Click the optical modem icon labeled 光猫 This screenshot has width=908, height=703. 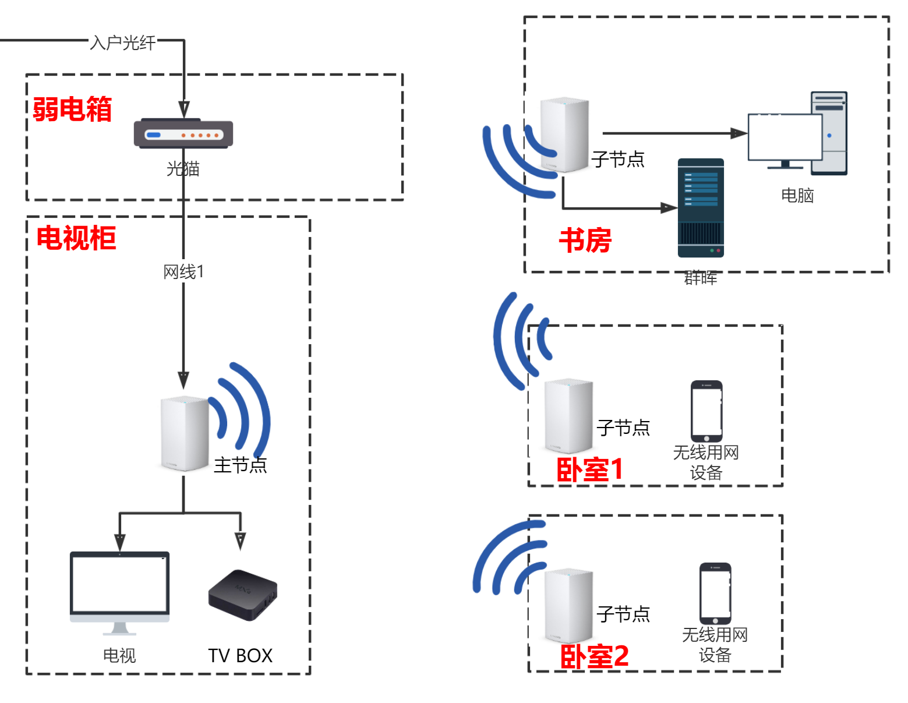coord(183,134)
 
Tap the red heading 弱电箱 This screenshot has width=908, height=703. coord(72,109)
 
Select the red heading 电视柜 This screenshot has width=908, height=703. coord(76,238)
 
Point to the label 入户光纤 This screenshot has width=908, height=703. coord(123,43)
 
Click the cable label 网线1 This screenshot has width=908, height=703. coord(183,271)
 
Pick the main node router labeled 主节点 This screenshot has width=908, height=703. coord(185,433)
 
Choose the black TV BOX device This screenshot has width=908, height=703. coord(243,594)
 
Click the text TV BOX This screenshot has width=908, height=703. coord(240,656)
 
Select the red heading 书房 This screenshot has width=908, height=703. coord(585,241)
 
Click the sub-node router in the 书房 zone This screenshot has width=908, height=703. coord(564,135)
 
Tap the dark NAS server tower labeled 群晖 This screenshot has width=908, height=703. coord(701,208)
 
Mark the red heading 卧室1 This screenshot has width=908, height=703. coord(589,469)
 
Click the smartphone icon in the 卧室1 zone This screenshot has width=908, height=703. coord(706,411)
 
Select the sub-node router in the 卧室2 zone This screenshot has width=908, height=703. coord(568,606)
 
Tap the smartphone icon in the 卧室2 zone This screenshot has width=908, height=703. coord(715,594)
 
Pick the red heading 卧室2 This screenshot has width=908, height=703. coord(594,656)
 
